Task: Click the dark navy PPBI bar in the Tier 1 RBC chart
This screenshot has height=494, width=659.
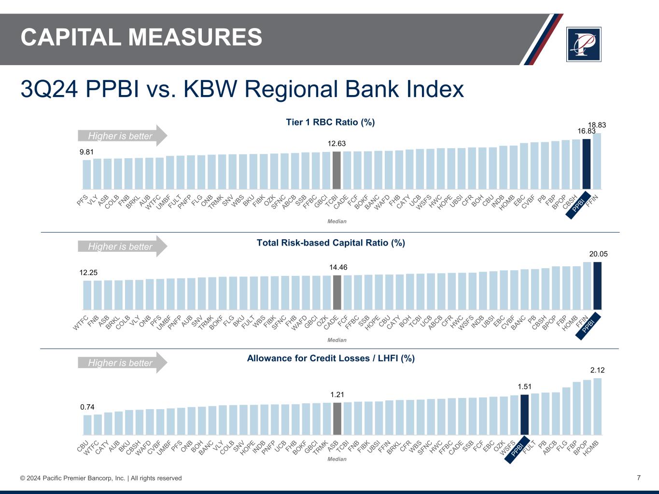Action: [587, 164]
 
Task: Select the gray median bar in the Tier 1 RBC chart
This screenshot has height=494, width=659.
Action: [337, 170]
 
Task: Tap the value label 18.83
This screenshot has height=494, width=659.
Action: [597, 125]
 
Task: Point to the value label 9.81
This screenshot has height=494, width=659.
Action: [86, 152]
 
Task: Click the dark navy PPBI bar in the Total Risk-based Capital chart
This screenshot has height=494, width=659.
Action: [597, 286]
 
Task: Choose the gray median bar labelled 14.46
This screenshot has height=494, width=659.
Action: [337, 292]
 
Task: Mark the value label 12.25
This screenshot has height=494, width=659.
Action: [88, 273]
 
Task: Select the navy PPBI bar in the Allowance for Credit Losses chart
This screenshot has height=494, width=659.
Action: [524, 415]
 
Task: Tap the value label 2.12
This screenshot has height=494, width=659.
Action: [597, 370]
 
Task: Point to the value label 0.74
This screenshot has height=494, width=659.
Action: [87, 407]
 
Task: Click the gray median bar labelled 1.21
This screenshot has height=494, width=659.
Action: [337, 419]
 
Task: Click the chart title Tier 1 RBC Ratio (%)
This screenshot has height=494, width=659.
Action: [330, 123]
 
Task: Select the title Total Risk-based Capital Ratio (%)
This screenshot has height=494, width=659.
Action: [331, 243]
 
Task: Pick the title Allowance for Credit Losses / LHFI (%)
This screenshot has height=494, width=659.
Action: [331, 358]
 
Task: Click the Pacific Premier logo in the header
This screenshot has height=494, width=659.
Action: [584, 44]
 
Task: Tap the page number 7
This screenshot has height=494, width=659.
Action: [639, 478]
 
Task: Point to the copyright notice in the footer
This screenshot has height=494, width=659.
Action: [101, 478]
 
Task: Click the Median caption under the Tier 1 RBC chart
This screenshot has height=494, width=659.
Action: [337, 221]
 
